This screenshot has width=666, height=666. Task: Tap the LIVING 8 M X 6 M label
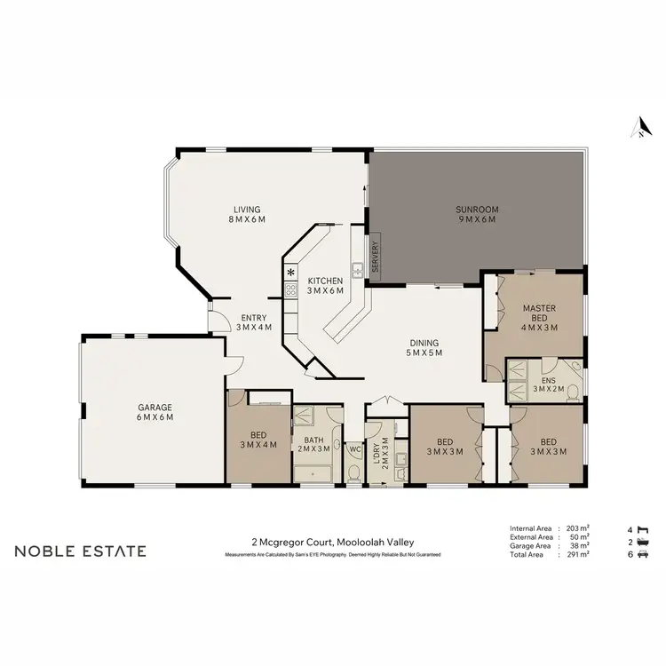click(x=247, y=215)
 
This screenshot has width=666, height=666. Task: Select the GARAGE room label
click(x=154, y=412)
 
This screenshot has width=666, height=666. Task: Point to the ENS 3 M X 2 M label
click(x=549, y=383)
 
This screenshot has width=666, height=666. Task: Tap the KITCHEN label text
click(x=325, y=286)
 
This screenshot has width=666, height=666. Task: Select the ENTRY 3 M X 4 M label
click(x=254, y=322)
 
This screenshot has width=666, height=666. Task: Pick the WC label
click(x=353, y=449)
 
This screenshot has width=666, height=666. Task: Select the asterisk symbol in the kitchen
click(x=289, y=272)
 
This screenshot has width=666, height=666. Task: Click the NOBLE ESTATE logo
click(x=80, y=551)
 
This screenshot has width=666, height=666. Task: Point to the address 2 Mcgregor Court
click(x=332, y=543)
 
